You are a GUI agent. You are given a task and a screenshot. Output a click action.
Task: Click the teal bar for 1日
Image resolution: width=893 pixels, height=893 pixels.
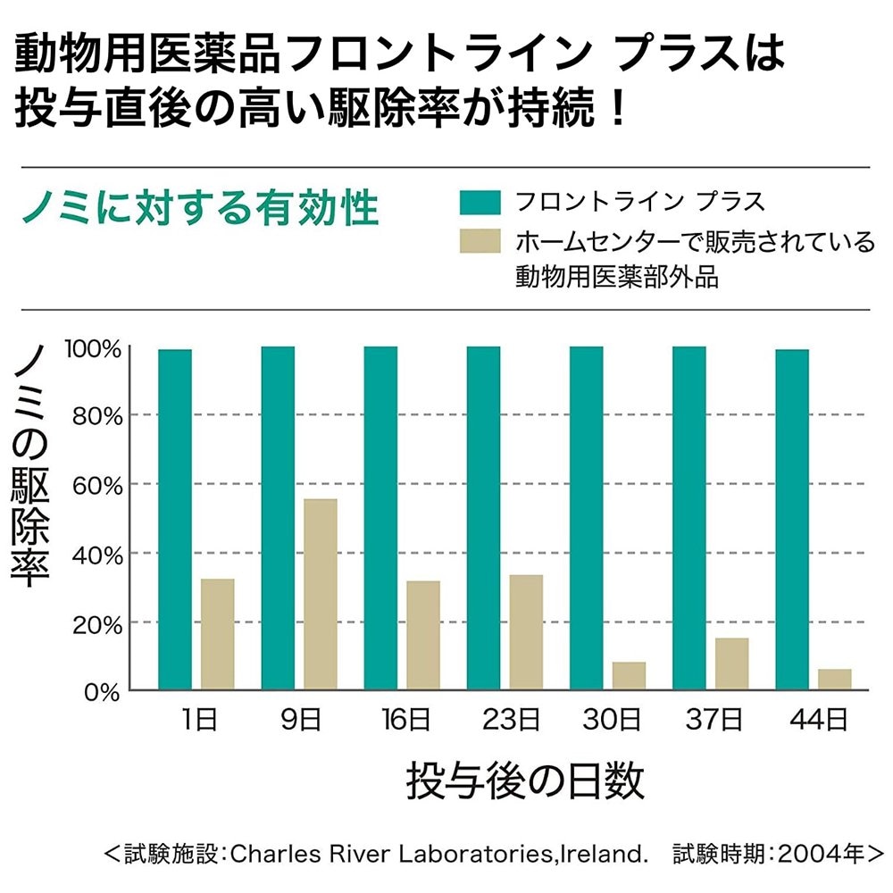175,520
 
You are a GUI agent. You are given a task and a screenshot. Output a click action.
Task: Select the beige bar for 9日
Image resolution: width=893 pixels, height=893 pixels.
321,595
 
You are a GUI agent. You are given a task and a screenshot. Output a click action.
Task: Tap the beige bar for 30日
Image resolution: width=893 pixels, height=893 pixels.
629,676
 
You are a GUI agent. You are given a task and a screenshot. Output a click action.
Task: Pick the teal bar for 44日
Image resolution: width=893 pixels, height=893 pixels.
792,520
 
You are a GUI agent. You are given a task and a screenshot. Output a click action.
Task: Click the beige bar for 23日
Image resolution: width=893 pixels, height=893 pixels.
526,632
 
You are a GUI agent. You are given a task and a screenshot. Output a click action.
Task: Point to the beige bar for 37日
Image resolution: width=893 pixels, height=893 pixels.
731,664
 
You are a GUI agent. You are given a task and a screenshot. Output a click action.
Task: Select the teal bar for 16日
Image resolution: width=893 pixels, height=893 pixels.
380,518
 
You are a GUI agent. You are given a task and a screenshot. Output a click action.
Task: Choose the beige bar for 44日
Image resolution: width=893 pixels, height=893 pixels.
834,680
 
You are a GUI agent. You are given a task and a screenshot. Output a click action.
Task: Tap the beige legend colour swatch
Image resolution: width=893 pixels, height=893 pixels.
480,241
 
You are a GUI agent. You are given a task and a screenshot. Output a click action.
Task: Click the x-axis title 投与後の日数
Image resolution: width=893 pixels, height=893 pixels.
525,781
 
